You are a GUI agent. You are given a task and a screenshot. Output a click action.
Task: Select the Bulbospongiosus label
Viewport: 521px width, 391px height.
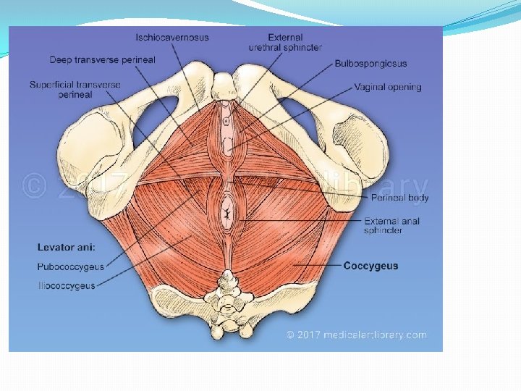[x=370, y=64]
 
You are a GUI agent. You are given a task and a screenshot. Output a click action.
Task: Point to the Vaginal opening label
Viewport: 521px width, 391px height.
[x=387, y=87]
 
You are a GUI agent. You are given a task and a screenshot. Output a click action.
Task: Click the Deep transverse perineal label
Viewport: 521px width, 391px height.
[x=102, y=59]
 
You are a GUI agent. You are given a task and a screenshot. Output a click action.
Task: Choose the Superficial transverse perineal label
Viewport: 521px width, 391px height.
[x=75, y=90]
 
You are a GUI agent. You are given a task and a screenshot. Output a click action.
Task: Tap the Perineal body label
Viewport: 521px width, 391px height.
[x=399, y=198]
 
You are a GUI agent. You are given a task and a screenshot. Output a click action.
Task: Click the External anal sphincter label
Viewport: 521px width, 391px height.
[x=391, y=226]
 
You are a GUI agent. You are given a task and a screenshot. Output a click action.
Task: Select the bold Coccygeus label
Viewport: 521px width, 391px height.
[x=370, y=266]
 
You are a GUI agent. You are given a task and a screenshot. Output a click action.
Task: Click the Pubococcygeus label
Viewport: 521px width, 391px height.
[x=70, y=267]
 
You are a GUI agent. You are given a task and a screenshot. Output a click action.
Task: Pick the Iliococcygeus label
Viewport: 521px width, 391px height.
[x=67, y=286]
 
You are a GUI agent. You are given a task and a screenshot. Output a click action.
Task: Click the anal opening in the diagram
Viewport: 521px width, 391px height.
[x=228, y=214]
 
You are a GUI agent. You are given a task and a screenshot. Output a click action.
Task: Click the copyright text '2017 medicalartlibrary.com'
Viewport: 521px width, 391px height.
[x=356, y=335]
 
